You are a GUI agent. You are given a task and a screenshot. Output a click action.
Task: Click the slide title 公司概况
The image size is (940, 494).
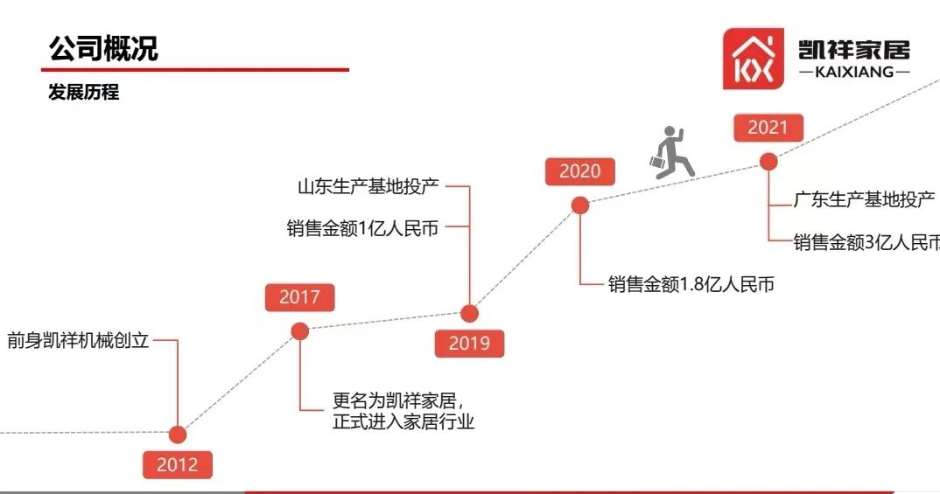pos(104,48)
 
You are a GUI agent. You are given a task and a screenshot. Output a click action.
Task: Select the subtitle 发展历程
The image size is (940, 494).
pos(83,93)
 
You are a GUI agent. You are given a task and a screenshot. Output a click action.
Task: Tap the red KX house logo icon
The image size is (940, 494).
pos(754,59)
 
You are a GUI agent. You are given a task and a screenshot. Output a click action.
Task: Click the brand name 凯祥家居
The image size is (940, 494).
pos(853,49)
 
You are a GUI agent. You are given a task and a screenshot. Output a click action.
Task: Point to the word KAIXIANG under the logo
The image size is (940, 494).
pos(853,73)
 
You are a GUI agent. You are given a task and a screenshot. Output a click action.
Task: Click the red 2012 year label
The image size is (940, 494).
pos(178,465)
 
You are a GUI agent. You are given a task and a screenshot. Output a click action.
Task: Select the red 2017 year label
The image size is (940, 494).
pos(299,297)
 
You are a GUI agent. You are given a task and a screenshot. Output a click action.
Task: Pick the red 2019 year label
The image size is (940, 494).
pos(469,344)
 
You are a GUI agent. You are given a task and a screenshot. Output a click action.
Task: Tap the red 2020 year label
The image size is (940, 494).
pos(579,171)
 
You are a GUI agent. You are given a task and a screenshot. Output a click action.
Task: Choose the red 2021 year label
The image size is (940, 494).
pos(768,128)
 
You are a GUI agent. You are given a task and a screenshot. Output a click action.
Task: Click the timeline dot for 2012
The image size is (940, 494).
pos(178,435)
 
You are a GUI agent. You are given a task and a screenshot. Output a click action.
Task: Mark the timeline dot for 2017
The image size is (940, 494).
pos(299,330)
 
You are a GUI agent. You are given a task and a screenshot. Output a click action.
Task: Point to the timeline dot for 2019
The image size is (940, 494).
pos(469,313)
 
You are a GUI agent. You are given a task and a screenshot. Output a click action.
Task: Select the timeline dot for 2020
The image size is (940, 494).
pos(579,205)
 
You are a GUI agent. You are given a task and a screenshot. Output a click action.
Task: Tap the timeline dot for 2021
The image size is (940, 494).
pos(768,161)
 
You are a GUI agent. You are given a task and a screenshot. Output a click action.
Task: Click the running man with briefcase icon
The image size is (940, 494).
pos(671,153)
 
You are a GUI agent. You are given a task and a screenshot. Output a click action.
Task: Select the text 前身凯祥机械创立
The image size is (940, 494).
pos(78,340)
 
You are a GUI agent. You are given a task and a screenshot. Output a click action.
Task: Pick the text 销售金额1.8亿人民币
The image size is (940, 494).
pos(691,284)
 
